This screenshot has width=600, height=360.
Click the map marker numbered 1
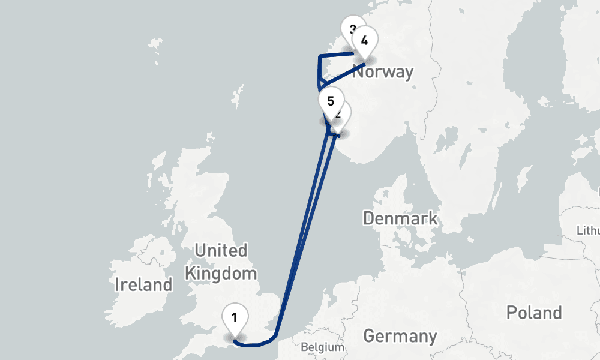(235, 317)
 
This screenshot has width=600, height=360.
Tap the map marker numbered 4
(364, 42)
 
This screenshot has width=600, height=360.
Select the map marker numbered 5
(330, 101)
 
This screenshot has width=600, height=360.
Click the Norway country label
(382, 72)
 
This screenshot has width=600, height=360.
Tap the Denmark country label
(400, 218)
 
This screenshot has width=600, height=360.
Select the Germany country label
(400, 336)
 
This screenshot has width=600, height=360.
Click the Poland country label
(533, 313)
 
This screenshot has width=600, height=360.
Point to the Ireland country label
(143, 284)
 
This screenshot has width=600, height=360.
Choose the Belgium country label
(323, 347)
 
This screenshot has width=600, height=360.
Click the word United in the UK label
(221, 250)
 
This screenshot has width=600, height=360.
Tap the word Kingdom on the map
(220, 274)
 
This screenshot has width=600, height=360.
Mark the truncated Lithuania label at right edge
(588, 230)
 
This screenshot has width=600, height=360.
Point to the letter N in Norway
(358, 72)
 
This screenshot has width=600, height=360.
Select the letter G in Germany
(370, 336)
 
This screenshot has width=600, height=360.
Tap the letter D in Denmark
(368, 218)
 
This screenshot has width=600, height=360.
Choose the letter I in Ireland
(118, 284)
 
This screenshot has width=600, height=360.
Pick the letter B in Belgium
(304, 347)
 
